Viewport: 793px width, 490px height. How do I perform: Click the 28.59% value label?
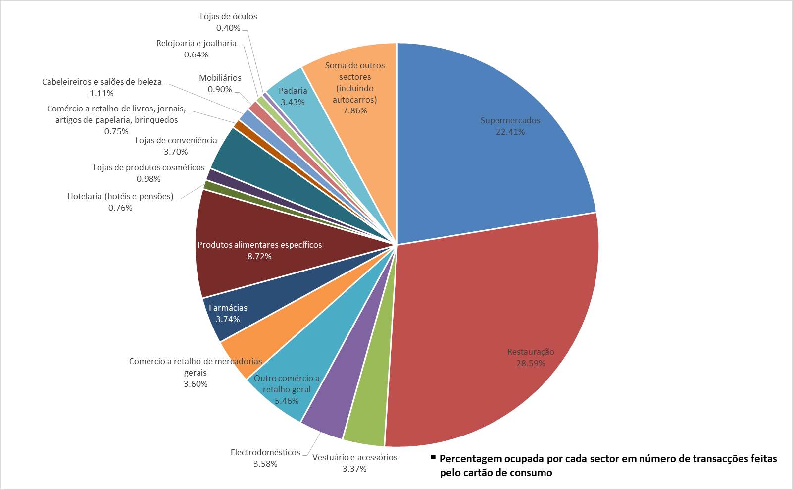[x=531, y=363]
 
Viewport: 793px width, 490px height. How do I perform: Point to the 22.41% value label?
[x=510, y=132]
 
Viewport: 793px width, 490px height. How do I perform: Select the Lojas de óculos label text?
[x=228, y=16]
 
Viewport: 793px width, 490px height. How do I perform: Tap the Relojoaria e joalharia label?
[x=196, y=43]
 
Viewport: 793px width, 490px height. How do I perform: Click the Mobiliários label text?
[x=220, y=78]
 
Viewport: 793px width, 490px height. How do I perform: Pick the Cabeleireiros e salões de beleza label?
[x=101, y=82]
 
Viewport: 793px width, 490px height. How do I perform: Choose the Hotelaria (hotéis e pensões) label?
[x=120, y=196]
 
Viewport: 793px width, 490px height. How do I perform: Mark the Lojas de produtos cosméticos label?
[x=149, y=167]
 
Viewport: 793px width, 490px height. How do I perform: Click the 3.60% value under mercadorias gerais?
[x=196, y=384]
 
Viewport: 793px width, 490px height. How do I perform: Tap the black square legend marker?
[x=433, y=457]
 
